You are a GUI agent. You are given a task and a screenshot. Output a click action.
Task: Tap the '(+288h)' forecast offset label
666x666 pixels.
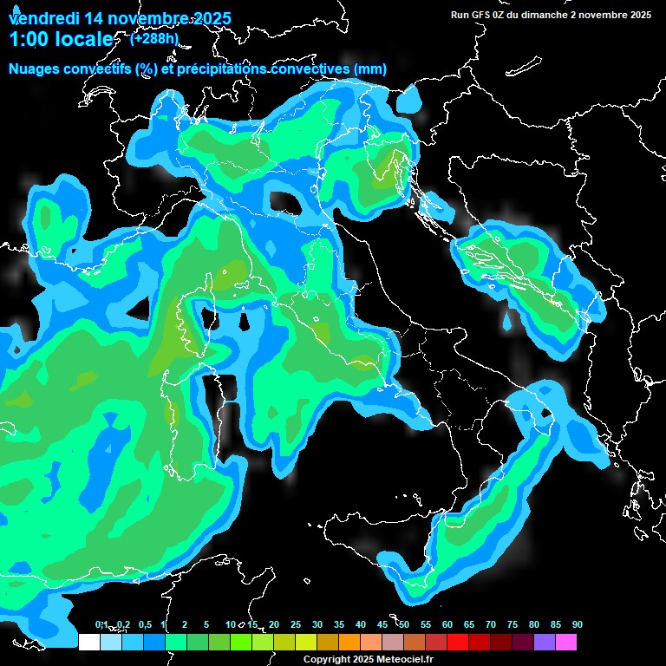(154, 38)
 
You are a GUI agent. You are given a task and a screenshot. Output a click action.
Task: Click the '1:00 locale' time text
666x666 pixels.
(61, 40)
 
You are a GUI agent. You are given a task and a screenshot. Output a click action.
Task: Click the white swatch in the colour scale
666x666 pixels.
(88, 642)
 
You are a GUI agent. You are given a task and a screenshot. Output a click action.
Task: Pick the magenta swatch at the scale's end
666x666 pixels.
(566, 642)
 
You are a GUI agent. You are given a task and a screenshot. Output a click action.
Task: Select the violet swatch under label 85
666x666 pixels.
(545, 642)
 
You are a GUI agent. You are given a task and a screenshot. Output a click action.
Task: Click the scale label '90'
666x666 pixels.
(577, 624)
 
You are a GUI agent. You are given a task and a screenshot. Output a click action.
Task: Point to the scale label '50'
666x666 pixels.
(404, 624)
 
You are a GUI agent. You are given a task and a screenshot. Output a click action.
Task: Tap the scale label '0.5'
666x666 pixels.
(144, 624)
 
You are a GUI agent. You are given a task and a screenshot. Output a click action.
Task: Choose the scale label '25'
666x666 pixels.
(296, 624)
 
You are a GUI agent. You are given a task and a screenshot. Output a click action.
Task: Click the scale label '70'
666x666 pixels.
(491, 624)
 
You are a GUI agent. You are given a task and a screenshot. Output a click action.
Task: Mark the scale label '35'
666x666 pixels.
(339, 624)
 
